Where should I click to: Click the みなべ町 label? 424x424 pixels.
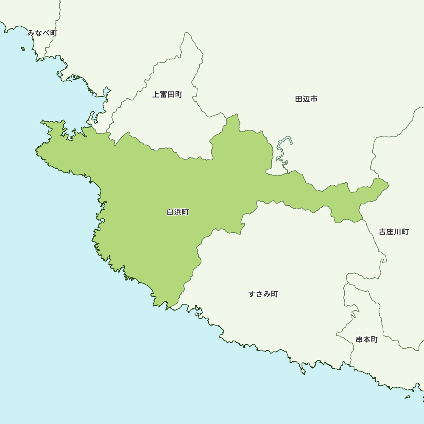tap(42, 33)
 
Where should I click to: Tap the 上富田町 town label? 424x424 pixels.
tap(167, 95)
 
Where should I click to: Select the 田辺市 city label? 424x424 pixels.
tap(306, 99)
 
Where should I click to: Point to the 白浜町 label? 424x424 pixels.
tap(178, 212)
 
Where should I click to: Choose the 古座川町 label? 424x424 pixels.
tap(393, 232)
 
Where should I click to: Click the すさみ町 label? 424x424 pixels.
tap(263, 294)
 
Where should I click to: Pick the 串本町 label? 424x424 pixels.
tap(367, 340)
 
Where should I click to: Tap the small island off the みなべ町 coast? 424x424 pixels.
tap(23, 49)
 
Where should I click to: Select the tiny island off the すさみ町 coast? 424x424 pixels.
tap(303, 372)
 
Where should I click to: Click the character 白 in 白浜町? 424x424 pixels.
tap(170, 212)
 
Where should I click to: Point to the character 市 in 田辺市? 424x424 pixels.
tap(314, 99)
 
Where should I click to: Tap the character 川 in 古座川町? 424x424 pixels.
tap(397, 232)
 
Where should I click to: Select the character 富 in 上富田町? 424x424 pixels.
tap(163, 95)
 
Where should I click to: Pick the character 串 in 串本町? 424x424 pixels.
tap(360, 340)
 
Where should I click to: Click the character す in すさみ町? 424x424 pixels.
tap(252, 294)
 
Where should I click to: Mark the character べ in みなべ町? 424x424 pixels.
tap(46, 33)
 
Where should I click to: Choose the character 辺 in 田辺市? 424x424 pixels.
tap(306, 99)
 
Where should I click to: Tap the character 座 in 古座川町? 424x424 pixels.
tap(390, 232)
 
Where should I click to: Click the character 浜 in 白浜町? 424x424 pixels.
tap(178, 212)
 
